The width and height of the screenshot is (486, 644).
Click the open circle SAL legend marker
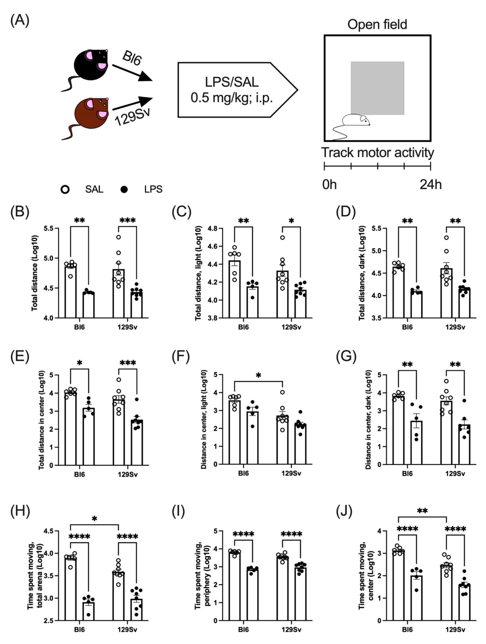point(65,190)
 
